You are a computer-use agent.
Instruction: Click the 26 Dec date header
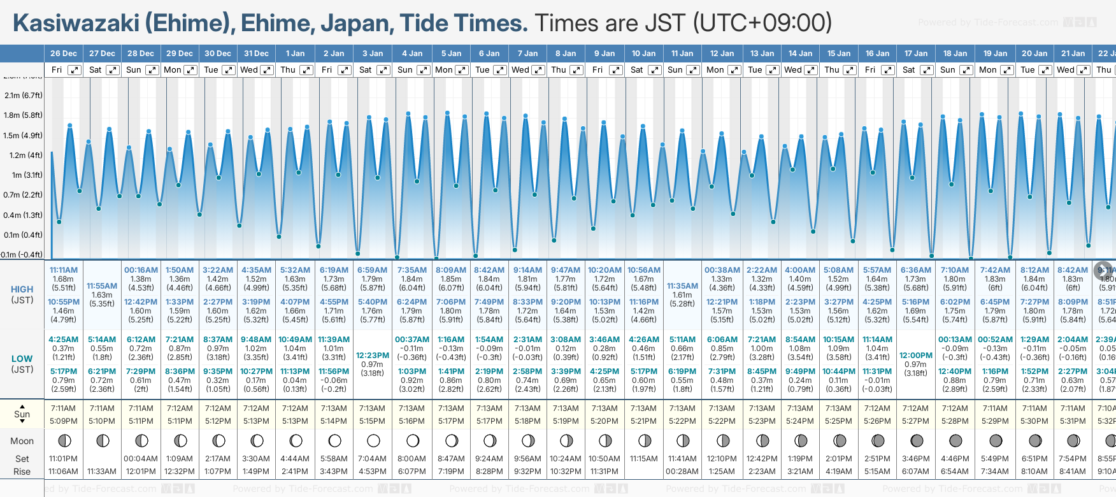(x=64, y=54)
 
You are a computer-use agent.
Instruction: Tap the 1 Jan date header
(x=295, y=54)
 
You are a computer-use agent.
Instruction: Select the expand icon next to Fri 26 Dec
(x=75, y=70)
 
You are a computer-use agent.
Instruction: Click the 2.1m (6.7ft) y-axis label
(x=23, y=96)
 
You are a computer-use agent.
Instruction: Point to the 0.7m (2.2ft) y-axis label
(x=23, y=195)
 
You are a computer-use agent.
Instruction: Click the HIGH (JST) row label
(x=22, y=294)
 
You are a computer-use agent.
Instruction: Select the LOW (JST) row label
(x=22, y=364)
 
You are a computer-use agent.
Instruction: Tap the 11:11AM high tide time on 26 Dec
(x=64, y=270)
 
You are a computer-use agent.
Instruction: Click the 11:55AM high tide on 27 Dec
(x=102, y=286)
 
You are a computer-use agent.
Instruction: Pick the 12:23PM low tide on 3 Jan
(x=372, y=356)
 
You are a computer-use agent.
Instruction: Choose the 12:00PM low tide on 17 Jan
(x=916, y=356)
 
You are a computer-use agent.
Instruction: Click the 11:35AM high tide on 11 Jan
(x=682, y=286)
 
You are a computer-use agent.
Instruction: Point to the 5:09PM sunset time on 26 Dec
(x=64, y=421)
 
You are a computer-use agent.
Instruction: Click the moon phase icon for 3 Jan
(x=373, y=441)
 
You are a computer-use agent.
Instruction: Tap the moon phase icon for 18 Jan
(x=955, y=441)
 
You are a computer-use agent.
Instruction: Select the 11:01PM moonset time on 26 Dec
(x=63, y=459)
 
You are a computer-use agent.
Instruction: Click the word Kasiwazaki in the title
(x=76, y=24)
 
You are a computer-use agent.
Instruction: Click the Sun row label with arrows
(x=22, y=414)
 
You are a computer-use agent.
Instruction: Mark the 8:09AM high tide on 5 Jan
(x=451, y=270)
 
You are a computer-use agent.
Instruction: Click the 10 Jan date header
(x=643, y=54)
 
